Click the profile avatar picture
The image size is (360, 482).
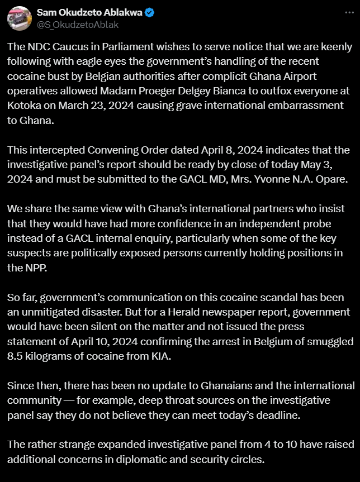coord(18,18)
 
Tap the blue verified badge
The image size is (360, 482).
coord(150,12)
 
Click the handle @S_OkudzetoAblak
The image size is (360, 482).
coord(78,25)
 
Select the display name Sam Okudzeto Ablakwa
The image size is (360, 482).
coord(89,12)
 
